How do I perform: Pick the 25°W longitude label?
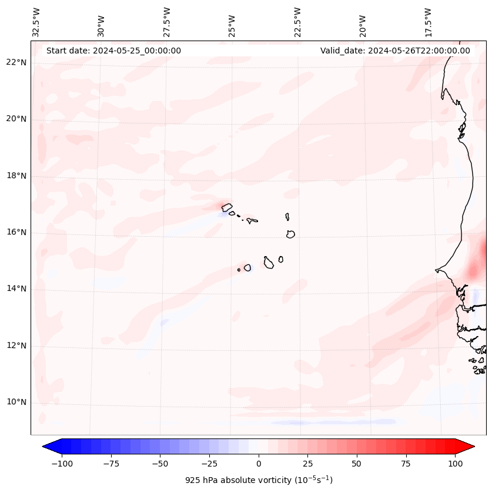(x=232, y=23)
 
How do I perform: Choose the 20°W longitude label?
(x=363, y=23)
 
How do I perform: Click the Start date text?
(x=113, y=51)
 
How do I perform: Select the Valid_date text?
(x=395, y=51)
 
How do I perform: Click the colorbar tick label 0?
(x=259, y=464)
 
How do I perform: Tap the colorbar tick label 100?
(x=455, y=464)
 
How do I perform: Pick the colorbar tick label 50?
(x=357, y=464)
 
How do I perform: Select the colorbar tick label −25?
(x=209, y=464)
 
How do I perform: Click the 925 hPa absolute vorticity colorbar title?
(x=259, y=480)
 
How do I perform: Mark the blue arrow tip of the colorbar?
(x=45, y=447)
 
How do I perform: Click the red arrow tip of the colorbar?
(x=473, y=447)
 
